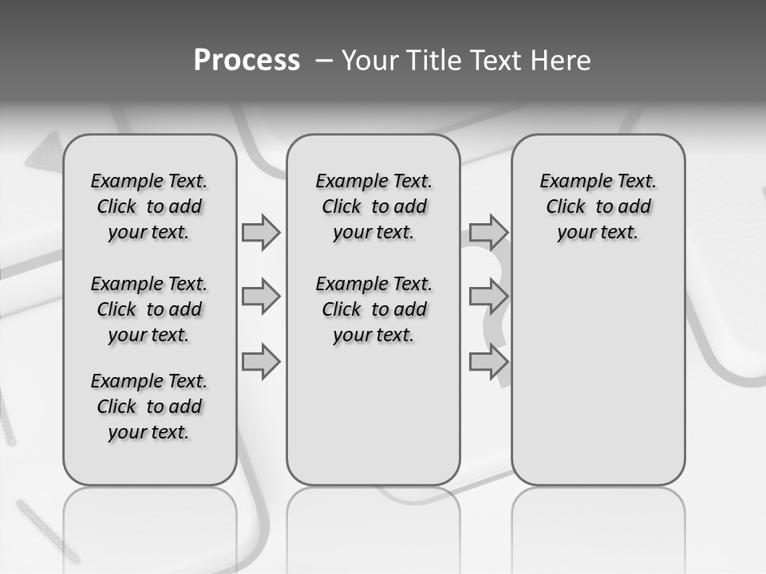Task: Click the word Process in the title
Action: (x=247, y=60)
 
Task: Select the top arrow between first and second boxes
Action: (x=261, y=232)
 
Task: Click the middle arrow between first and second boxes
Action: (x=261, y=297)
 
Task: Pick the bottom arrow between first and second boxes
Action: (x=261, y=361)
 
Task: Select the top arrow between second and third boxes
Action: (x=488, y=232)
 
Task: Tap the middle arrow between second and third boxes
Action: (x=488, y=297)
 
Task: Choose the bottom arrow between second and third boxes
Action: (x=488, y=361)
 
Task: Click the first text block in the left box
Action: (x=149, y=206)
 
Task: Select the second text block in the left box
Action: (x=149, y=309)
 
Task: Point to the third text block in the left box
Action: (x=149, y=407)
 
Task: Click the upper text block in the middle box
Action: (x=373, y=206)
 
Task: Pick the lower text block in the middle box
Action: (x=373, y=309)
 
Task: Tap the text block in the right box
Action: (x=598, y=206)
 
